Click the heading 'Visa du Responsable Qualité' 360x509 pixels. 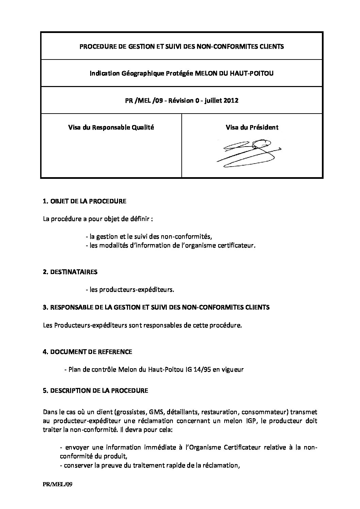pyautogui.click(x=111, y=128)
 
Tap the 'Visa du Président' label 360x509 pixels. pyautogui.click(x=252, y=128)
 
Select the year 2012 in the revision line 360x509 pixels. pyautogui.click(x=231, y=100)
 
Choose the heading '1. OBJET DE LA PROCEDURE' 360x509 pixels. pyautogui.click(x=84, y=201)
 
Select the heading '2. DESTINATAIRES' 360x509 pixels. pyautogui.click(x=70, y=272)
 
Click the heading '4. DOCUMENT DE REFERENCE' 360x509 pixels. pyautogui.click(x=87, y=352)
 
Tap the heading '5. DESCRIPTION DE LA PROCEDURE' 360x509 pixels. pyautogui.click(x=96, y=391)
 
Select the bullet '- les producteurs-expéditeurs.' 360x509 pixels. pyautogui.click(x=130, y=290)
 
